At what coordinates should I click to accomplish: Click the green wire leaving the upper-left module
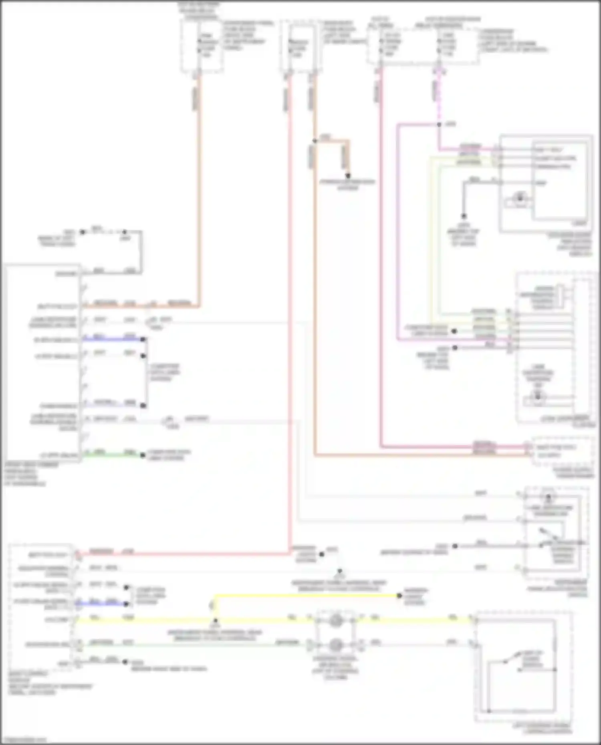112,455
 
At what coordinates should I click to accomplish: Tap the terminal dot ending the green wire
143,455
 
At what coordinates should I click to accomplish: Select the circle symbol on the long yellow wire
336,620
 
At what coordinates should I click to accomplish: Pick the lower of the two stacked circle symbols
336,645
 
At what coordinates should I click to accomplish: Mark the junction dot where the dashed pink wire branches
439,125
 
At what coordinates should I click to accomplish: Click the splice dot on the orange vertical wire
315,141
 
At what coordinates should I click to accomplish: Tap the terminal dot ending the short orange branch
348,176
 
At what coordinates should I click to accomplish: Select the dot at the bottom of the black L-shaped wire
464,216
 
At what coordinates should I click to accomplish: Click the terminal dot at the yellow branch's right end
399,596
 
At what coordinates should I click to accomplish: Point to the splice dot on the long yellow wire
216,620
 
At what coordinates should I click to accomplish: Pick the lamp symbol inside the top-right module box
520,197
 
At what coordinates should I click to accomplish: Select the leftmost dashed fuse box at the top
202,46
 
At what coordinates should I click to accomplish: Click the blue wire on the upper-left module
112,339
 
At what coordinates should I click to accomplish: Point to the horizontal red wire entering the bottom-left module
180,554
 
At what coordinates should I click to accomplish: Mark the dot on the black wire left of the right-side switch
455,546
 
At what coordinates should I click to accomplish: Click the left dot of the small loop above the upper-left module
83,232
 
